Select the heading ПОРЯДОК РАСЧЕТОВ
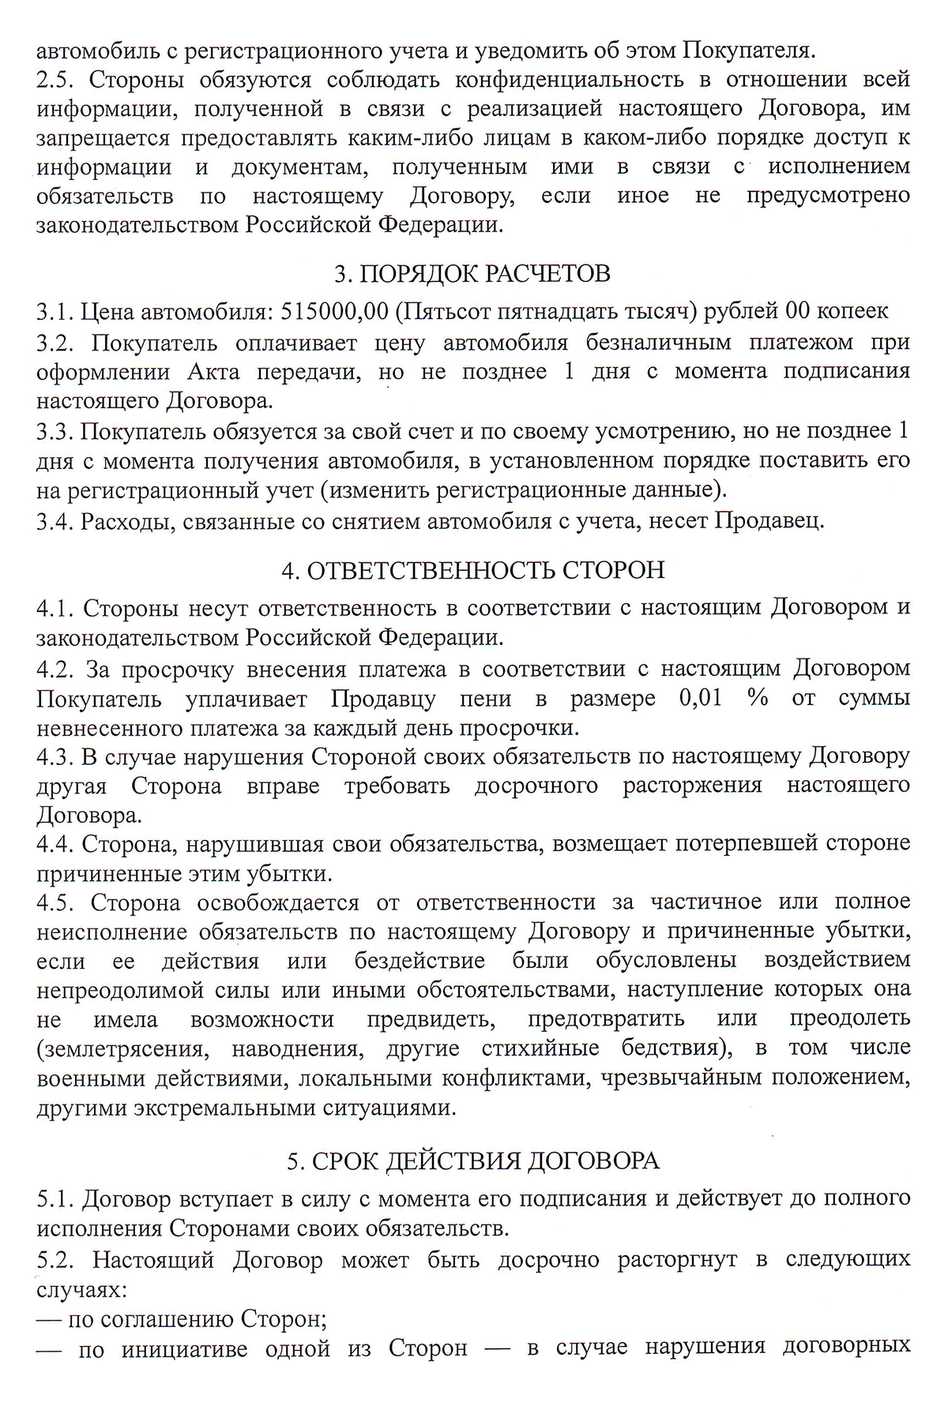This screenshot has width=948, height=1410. pos(472,274)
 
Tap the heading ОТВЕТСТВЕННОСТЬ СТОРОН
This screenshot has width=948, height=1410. pos(473,570)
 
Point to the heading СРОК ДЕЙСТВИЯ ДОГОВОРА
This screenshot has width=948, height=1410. pos(473,1161)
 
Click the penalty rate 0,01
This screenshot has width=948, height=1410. pos(700,699)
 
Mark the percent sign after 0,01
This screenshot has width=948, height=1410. pos(758,699)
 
